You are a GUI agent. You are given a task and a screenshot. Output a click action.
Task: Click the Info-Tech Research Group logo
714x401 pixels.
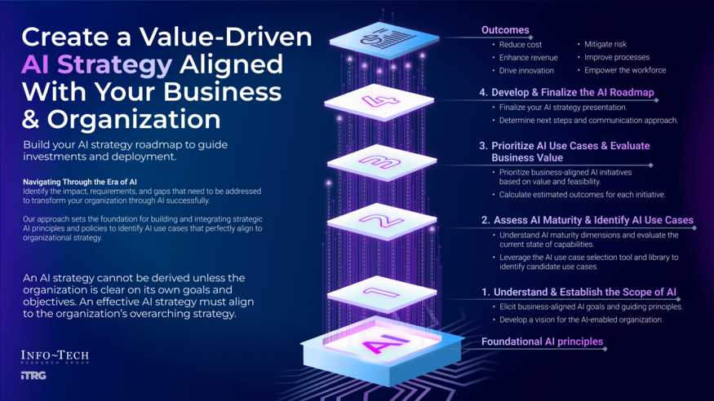click(54, 356)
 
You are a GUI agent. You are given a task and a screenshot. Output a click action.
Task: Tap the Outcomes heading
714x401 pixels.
click(505, 30)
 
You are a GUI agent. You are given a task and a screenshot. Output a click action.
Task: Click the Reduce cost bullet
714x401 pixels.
click(521, 44)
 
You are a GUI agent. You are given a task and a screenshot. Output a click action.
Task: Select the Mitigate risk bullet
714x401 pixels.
click(605, 44)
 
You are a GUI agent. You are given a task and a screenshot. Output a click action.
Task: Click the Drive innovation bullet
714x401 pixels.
click(527, 70)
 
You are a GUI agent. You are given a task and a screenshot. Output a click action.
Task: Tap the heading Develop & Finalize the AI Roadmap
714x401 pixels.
click(566, 93)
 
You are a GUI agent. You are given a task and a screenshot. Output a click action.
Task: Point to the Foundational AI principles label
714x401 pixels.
click(542, 342)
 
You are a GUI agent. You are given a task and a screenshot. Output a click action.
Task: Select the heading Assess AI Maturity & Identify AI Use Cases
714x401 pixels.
click(587, 220)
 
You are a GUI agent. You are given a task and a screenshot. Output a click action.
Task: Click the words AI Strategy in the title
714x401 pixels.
click(96, 64)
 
